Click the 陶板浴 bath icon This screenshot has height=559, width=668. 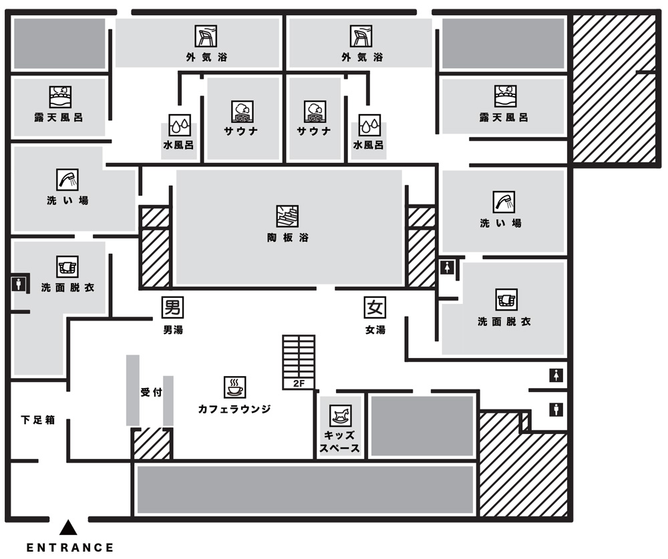point(287,216)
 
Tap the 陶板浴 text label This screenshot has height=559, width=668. point(287,238)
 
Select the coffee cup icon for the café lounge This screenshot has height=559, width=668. point(234,387)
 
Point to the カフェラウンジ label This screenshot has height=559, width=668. point(234,409)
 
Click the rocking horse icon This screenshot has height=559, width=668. point(341,416)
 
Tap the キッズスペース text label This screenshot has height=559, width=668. point(340,441)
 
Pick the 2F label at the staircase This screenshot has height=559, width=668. point(298,384)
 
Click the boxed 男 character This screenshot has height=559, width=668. point(173,308)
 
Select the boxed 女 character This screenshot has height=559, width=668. point(375,308)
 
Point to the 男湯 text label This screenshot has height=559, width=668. point(173,329)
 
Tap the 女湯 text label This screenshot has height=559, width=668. point(375,329)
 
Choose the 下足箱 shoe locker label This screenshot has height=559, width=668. point(37,420)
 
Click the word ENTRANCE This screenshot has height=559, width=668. point(70,548)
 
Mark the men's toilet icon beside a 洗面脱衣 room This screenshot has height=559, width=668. point(18,284)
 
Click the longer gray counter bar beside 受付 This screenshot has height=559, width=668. point(133,390)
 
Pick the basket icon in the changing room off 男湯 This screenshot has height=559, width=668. point(67,266)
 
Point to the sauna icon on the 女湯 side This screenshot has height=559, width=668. point(315,110)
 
